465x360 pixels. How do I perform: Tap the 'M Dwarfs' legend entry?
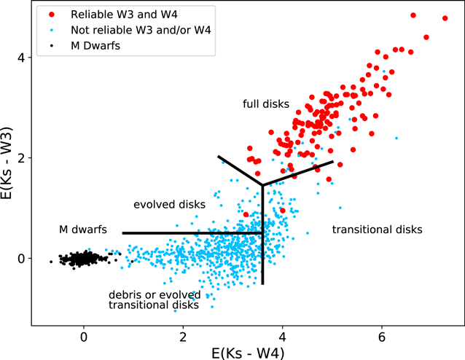pyautogui.click(x=95, y=47)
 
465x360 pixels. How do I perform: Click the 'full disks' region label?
pyautogui.click(x=266, y=104)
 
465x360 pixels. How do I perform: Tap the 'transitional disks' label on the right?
pyautogui.click(x=377, y=230)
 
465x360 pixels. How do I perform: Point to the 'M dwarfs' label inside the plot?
pyautogui.click(x=83, y=230)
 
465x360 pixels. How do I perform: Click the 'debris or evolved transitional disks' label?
pyautogui.click(x=154, y=300)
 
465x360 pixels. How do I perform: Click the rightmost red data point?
pyautogui.click(x=445, y=18)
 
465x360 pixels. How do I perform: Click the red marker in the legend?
pyautogui.click(x=49, y=15)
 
